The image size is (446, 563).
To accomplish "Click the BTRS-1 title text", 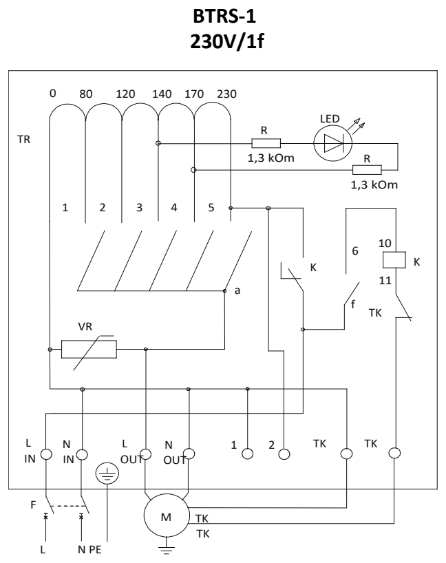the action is [x=224, y=16].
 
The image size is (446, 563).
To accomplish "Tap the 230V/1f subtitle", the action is [x=227, y=42].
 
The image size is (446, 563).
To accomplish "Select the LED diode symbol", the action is [x=333, y=143].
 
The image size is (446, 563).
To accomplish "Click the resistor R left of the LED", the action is [x=266, y=143].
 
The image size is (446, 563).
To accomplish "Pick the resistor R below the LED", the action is [x=367, y=170].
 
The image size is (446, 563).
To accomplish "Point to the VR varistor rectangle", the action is [x=89, y=350].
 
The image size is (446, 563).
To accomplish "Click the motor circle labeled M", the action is [x=167, y=516].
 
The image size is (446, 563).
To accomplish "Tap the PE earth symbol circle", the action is [x=107, y=474].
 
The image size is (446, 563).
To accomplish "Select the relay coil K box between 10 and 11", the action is [x=394, y=260].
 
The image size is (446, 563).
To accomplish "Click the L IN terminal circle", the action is [x=46, y=454].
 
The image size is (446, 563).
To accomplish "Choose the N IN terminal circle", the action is [x=82, y=455].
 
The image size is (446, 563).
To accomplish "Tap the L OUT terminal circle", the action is [x=145, y=454].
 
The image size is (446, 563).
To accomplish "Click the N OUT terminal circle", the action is [x=189, y=454].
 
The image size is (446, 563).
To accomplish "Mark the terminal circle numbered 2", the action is [x=284, y=454].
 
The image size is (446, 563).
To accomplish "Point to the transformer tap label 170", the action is [x=194, y=94].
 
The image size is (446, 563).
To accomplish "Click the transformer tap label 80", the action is [x=86, y=94].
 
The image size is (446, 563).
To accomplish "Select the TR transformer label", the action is [x=23, y=139].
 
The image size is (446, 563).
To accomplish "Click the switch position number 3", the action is [x=139, y=208].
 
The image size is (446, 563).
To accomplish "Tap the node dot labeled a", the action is [x=225, y=291].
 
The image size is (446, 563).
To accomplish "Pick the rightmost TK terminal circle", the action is [x=394, y=453].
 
